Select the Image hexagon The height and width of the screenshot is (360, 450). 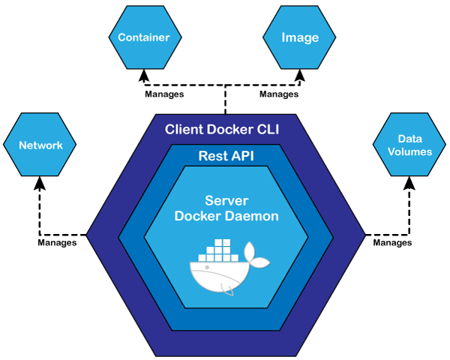(299, 37)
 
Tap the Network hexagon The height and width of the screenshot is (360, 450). (40, 145)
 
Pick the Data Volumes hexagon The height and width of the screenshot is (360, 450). (409, 145)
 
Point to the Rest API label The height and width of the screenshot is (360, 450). (224, 156)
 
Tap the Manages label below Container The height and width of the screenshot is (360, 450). (163, 94)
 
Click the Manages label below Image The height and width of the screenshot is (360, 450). (279, 94)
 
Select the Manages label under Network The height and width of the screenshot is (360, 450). (57, 243)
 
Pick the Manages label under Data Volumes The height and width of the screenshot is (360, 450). (392, 243)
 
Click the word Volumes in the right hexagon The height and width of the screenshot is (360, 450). (409, 152)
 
